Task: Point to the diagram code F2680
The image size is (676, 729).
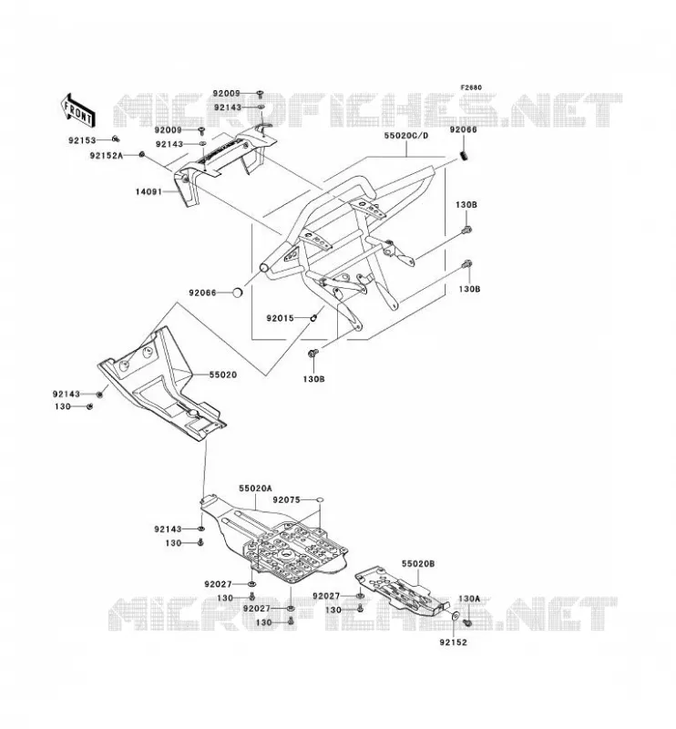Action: tap(471, 87)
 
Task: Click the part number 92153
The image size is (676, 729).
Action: tap(82, 140)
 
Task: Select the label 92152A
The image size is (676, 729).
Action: tap(107, 156)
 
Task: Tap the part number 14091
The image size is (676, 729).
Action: tap(149, 191)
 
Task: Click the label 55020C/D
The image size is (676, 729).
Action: tap(406, 136)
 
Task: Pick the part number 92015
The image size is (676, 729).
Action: tap(280, 318)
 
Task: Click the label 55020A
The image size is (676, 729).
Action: tap(255, 488)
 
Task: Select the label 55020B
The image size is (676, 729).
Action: tap(418, 563)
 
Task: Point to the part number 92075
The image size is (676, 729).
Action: tap(286, 500)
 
